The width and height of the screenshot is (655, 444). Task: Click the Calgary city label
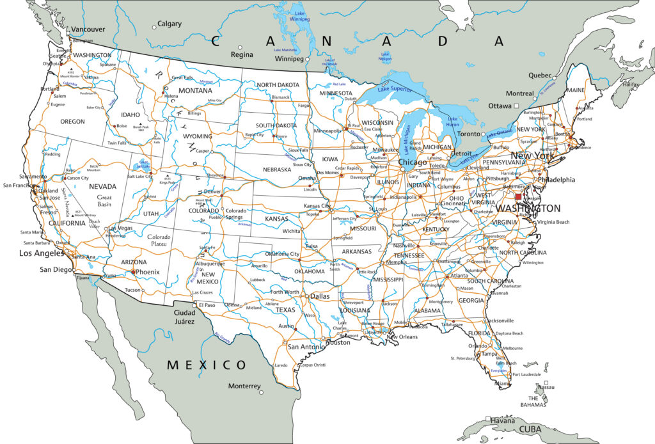pyautogui.click(x=170, y=24)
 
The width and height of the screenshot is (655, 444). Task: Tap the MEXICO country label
pyautogui.click(x=207, y=365)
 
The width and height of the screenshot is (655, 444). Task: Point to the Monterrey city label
pyautogui.click(x=244, y=386)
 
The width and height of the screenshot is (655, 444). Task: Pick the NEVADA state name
pyautogui.click(x=102, y=186)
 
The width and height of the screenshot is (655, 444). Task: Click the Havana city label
pyautogui.click(x=505, y=420)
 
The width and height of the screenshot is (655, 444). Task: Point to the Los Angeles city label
pyautogui.click(x=42, y=253)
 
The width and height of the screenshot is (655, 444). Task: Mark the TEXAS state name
pyautogui.click(x=285, y=310)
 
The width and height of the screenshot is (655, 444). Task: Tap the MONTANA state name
pyautogui.click(x=195, y=91)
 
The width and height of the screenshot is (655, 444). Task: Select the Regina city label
pyautogui.click(x=242, y=54)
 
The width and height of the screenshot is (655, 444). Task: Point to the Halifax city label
pyautogui.click(x=630, y=84)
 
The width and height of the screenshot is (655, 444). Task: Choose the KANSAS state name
pyautogui.click(x=278, y=219)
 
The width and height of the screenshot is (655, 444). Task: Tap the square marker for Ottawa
pyautogui.click(x=516, y=106)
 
